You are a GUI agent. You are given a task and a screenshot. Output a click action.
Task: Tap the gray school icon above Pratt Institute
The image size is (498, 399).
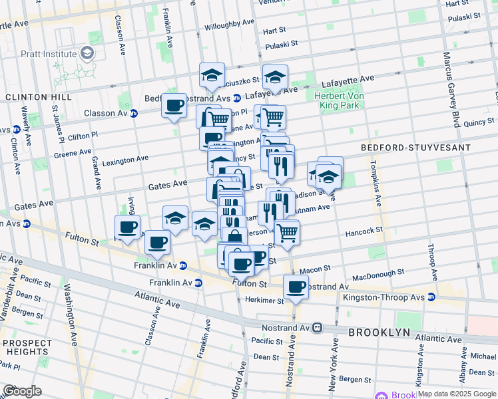(87, 53)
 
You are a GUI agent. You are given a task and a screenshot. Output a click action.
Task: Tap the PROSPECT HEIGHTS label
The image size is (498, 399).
(27, 347)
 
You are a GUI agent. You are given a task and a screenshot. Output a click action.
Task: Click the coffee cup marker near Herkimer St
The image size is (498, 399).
(296, 287)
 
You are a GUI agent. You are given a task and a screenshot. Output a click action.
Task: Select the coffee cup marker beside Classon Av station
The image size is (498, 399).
(174, 105)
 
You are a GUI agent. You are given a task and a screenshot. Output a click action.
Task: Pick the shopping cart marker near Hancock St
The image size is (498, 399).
(287, 233)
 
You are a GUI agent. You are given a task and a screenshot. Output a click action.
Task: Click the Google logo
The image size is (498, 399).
(22, 391)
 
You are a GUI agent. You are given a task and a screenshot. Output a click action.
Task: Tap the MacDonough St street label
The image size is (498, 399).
(377, 273)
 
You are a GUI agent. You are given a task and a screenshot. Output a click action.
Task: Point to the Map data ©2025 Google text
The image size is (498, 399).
(457, 394)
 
